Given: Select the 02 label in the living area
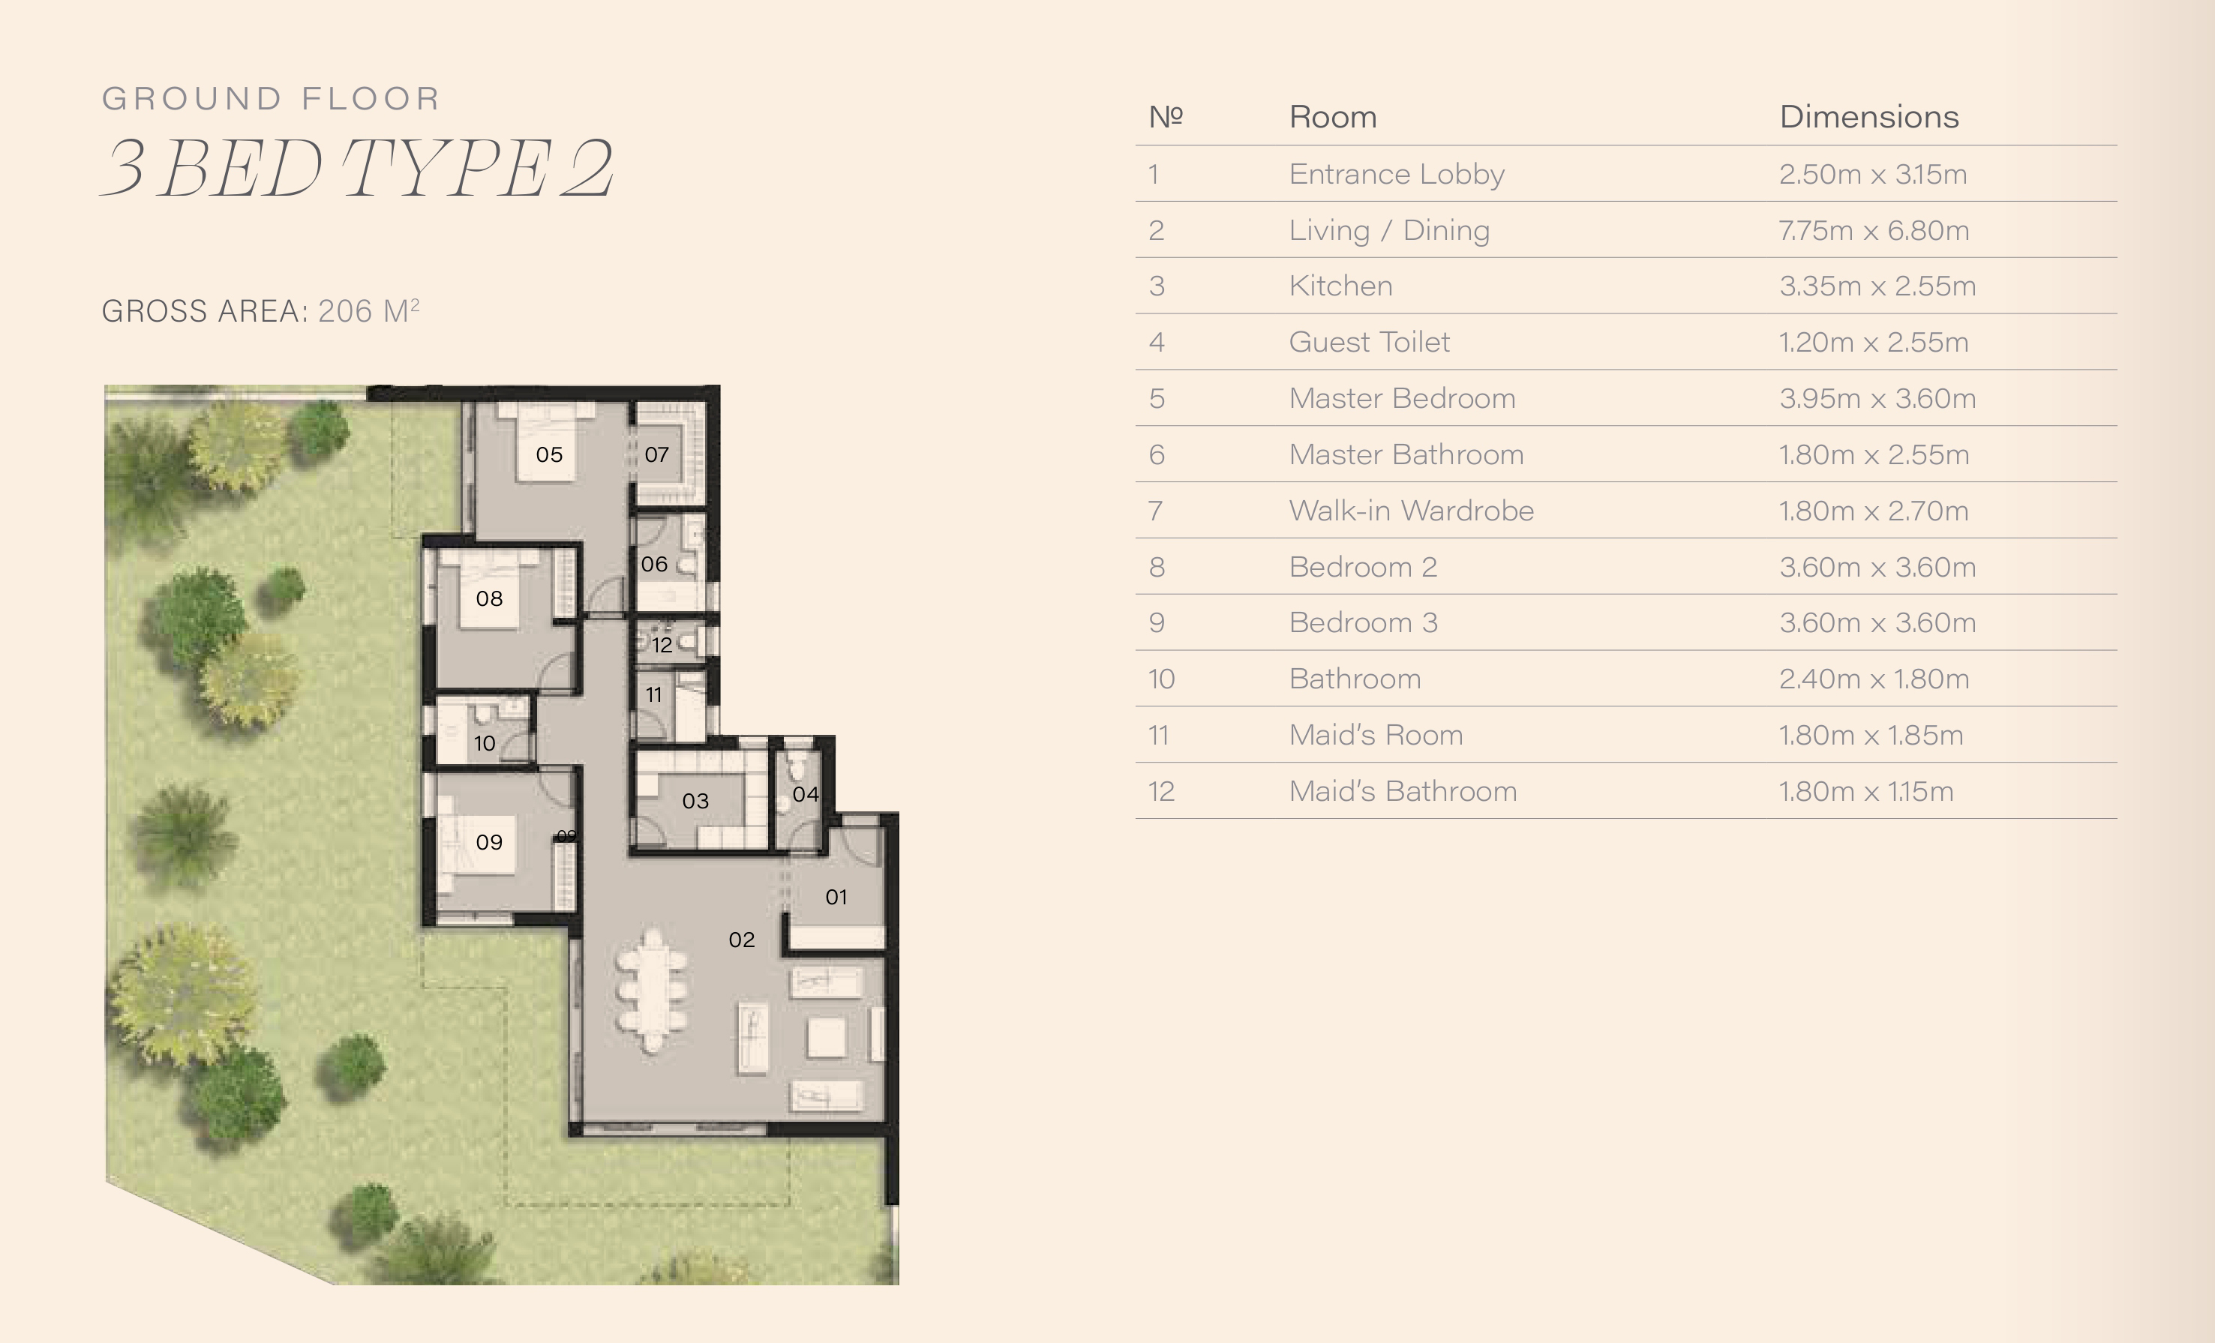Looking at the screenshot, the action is pos(742,940).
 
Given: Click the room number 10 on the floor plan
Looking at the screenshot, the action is pos(485,743).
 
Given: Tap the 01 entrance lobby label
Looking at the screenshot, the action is pos(836,896).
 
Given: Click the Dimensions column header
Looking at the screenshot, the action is pos(1869,117).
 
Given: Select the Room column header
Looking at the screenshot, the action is pos(1333,117).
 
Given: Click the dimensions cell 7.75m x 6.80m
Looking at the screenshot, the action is pos(1874,230).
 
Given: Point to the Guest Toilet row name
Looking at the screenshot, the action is pos(1369,342).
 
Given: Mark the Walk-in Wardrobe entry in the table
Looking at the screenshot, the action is pos(1412,511).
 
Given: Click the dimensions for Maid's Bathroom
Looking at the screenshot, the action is pos(1866,791).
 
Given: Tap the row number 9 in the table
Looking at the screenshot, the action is pos(1157,623).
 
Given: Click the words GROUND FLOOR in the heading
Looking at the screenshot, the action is pos(271,98).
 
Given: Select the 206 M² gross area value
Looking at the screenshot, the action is pos(368,310).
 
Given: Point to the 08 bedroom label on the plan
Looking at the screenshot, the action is pos(489,598).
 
